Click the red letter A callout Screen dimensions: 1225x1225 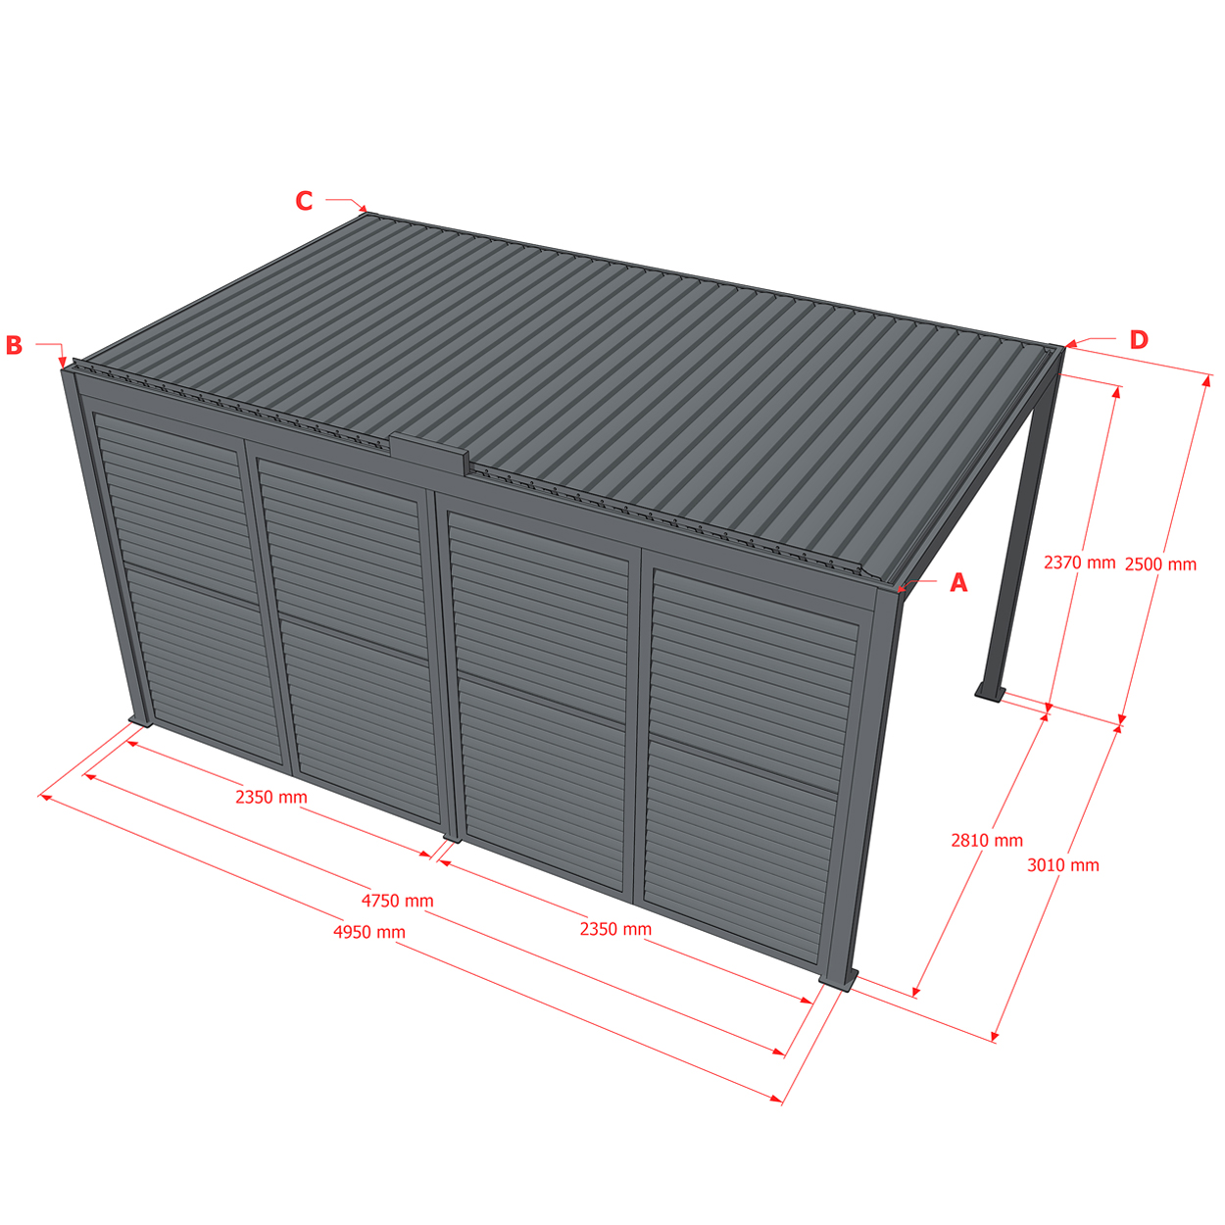958,583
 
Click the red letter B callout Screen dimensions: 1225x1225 14,345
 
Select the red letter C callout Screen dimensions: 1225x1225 304,201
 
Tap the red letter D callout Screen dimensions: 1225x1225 1139,340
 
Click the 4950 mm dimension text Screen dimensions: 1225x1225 369,932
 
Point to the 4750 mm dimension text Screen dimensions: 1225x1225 397,901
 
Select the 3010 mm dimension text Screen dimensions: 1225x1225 1063,865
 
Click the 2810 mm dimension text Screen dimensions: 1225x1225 987,841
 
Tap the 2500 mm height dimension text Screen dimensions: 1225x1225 1160,563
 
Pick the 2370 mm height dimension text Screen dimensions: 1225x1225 1079,562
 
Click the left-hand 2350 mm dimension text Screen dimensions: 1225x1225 271,797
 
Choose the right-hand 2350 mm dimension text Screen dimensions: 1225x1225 615,929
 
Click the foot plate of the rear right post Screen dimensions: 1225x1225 991,694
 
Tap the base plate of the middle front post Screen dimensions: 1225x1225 452,837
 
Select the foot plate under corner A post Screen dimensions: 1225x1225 839,981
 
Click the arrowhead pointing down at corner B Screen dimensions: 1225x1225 63,363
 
